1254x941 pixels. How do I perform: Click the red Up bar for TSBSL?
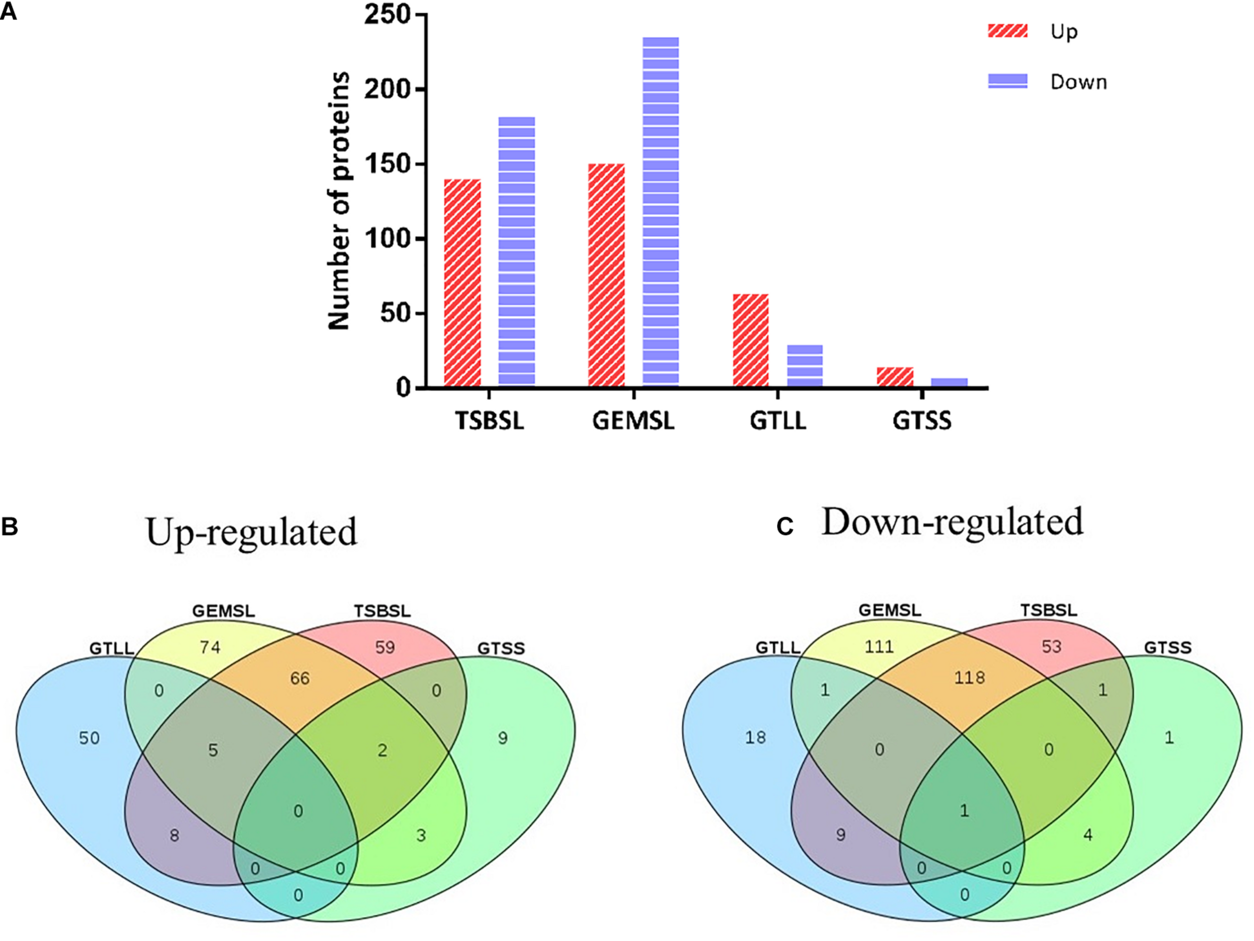[x=462, y=283]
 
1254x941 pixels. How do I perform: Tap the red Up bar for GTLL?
[x=750, y=340]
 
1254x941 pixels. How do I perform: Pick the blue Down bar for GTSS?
[x=949, y=382]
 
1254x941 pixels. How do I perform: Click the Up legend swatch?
[x=1007, y=31]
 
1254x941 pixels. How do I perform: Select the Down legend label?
[x=1078, y=82]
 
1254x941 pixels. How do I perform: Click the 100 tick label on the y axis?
[x=387, y=239]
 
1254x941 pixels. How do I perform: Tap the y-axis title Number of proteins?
[x=339, y=201]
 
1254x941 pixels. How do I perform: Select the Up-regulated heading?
[x=251, y=531]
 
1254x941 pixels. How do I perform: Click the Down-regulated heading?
[x=952, y=522]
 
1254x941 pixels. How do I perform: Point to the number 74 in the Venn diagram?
[x=210, y=647]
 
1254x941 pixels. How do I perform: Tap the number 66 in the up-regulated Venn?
[x=299, y=679]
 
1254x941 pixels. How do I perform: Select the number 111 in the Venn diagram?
[x=879, y=646]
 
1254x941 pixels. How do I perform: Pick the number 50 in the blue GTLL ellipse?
[x=89, y=738]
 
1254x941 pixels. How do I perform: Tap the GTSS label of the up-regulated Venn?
[x=501, y=648]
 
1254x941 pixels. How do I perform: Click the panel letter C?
[x=785, y=526]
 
